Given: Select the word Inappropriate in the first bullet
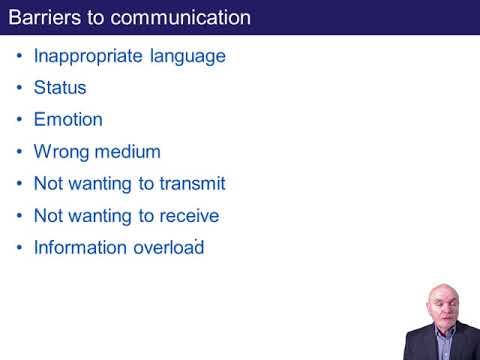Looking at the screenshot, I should [88, 56].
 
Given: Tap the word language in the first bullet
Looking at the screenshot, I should [188, 56].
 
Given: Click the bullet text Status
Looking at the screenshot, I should [60, 88].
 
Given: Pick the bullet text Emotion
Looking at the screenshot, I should [68, 120].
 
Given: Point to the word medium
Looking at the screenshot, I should [126, 152].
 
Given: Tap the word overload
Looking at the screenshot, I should [166, 248].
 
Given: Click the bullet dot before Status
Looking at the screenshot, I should [20, 88].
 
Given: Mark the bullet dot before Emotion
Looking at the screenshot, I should [20, 120].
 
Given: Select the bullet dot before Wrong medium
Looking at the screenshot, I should [20, 152].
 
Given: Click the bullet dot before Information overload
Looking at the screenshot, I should [20, 248].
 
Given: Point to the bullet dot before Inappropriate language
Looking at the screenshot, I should [20, 56].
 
